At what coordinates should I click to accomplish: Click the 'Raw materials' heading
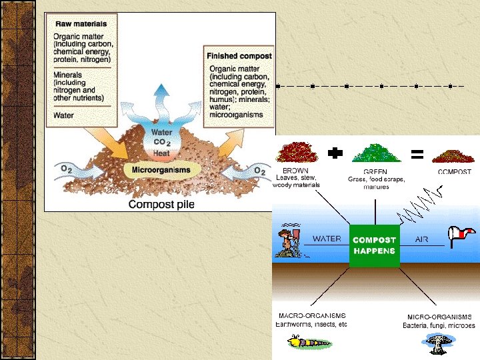coord(81,23)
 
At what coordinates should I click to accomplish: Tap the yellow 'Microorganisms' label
coord(160,170)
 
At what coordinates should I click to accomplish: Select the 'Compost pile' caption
coord(161,204)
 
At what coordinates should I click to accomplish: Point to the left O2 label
coord(67,169)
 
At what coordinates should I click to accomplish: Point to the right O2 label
coord(259,171)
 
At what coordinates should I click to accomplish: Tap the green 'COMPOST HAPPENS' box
coord(374,245)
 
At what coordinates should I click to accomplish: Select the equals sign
coord(417,155)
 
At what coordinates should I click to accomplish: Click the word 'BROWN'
coord(296,171)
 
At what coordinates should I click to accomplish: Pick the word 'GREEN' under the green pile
coord(375,171)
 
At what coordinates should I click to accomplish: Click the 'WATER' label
coord(327,239)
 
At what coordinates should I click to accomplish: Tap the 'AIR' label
coord(421,239)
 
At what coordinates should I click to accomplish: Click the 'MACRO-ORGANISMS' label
coord(311,317)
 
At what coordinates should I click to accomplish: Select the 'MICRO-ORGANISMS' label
coord(439,317)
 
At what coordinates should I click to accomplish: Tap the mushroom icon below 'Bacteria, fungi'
coord(438,343)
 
